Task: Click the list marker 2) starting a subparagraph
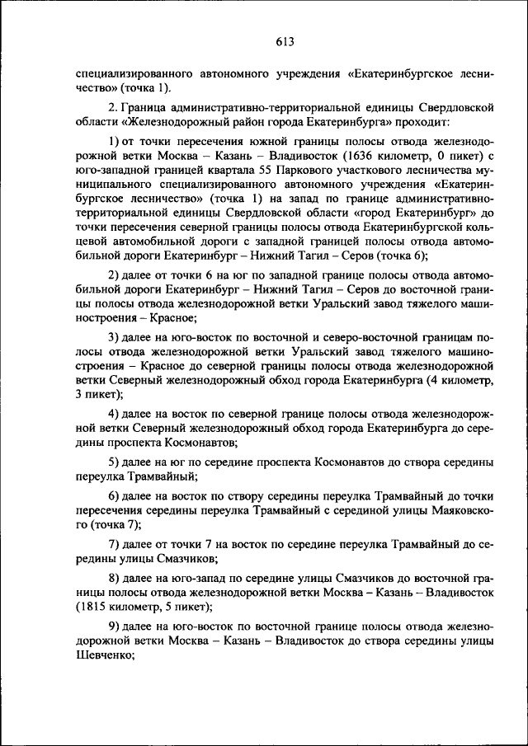tap(115, 274)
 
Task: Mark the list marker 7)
tap(115, 545)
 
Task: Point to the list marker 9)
tap(115, 629)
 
